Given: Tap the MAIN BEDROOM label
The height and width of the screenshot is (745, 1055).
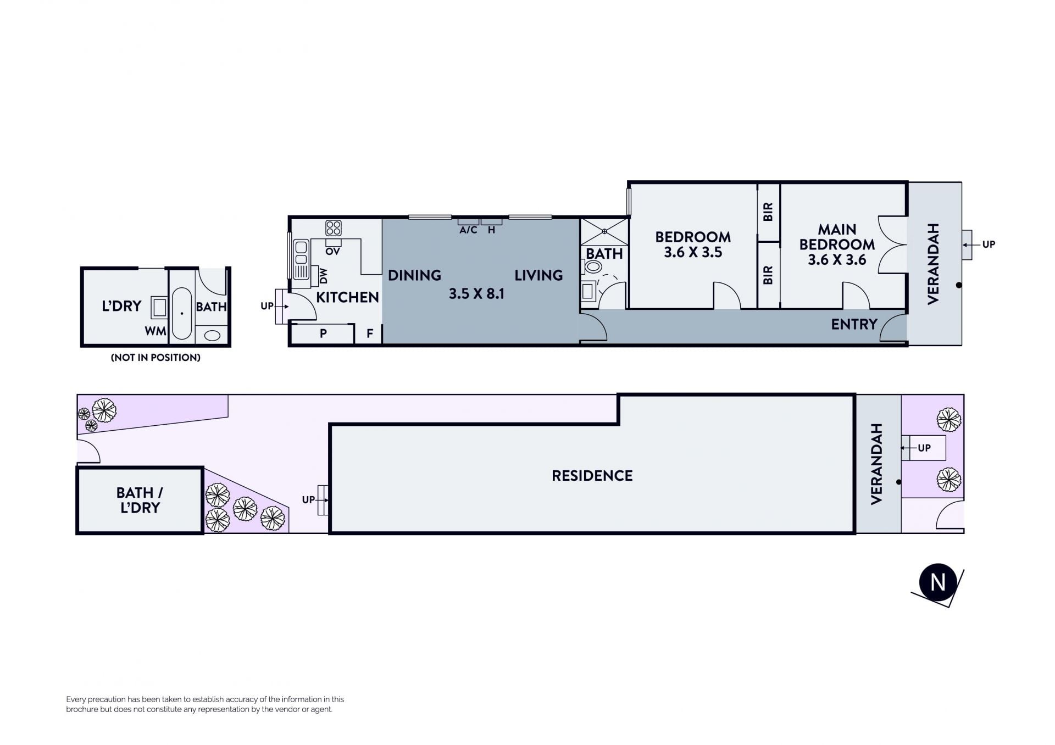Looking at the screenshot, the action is (x=837, y=237).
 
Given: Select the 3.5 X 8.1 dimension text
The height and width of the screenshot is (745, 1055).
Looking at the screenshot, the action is (x=476, y=294).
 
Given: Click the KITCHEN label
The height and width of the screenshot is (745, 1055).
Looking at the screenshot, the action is (x=347, y=297).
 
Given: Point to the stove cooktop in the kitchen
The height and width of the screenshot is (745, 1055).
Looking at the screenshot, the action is (x=333, y=228).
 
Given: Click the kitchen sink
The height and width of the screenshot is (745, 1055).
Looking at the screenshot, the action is (x=301, y=259).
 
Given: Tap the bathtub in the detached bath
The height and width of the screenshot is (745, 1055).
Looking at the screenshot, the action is (x=182, y=313).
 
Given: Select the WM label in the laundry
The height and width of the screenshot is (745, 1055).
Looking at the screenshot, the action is (x=156, y=331).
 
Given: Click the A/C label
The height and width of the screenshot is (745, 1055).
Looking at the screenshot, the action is (x=468, y=230).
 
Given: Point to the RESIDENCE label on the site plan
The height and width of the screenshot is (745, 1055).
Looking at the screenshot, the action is (x=592, y=476).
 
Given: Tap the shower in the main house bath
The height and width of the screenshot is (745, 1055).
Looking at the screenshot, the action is (x=604, y=232).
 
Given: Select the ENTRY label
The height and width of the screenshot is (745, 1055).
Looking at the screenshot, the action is (x=854, y=324).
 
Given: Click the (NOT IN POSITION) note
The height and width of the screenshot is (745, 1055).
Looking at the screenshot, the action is (x=156, y=358).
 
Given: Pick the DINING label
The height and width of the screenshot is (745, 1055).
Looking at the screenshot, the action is (x=414, y=275).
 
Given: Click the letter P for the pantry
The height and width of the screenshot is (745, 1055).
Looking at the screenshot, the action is (x=323, y=333).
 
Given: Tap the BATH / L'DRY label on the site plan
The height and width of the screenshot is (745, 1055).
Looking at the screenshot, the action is (x=140, y=500).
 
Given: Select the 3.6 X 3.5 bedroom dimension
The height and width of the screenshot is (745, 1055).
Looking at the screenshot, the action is (x=693, y=252).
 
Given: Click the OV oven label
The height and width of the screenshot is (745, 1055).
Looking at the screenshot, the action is (x=332, y=252).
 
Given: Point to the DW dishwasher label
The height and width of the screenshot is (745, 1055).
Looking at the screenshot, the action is (x=323, y=276).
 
